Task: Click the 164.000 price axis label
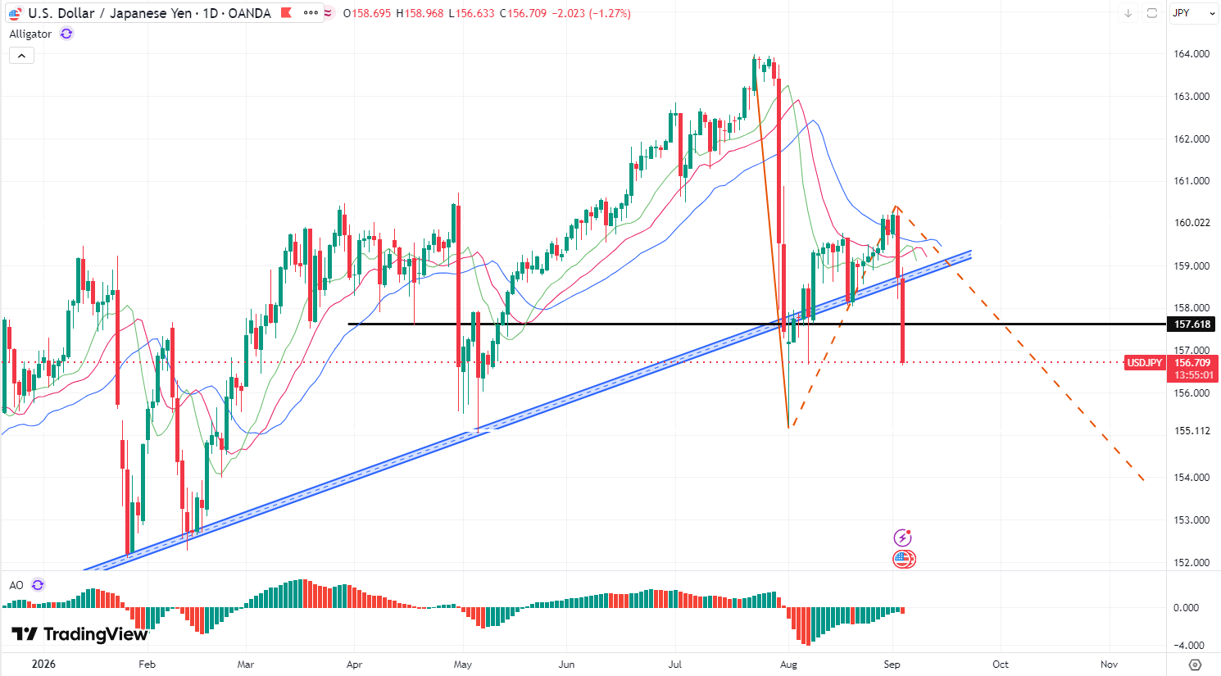pos(1191,54)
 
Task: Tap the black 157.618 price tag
pos(1192,324)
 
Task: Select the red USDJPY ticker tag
pos(1145,363)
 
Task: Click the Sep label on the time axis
pos(892,664)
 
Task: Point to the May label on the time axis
pos(463,664)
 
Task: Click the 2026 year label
pos(43,664)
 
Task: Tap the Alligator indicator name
pos(30,34)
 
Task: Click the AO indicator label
pos(16,585)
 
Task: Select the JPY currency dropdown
pos(1192,13)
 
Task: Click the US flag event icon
pos(904,559)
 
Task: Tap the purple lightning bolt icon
pos(903,538)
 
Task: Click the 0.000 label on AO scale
pos(1186,608)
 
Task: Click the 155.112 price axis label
pos(1191,431)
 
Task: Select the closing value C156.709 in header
pos(523,13)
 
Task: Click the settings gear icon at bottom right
pos(1195,665)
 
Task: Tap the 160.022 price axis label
pos(1191,222)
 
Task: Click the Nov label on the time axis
pos(1109,664)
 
